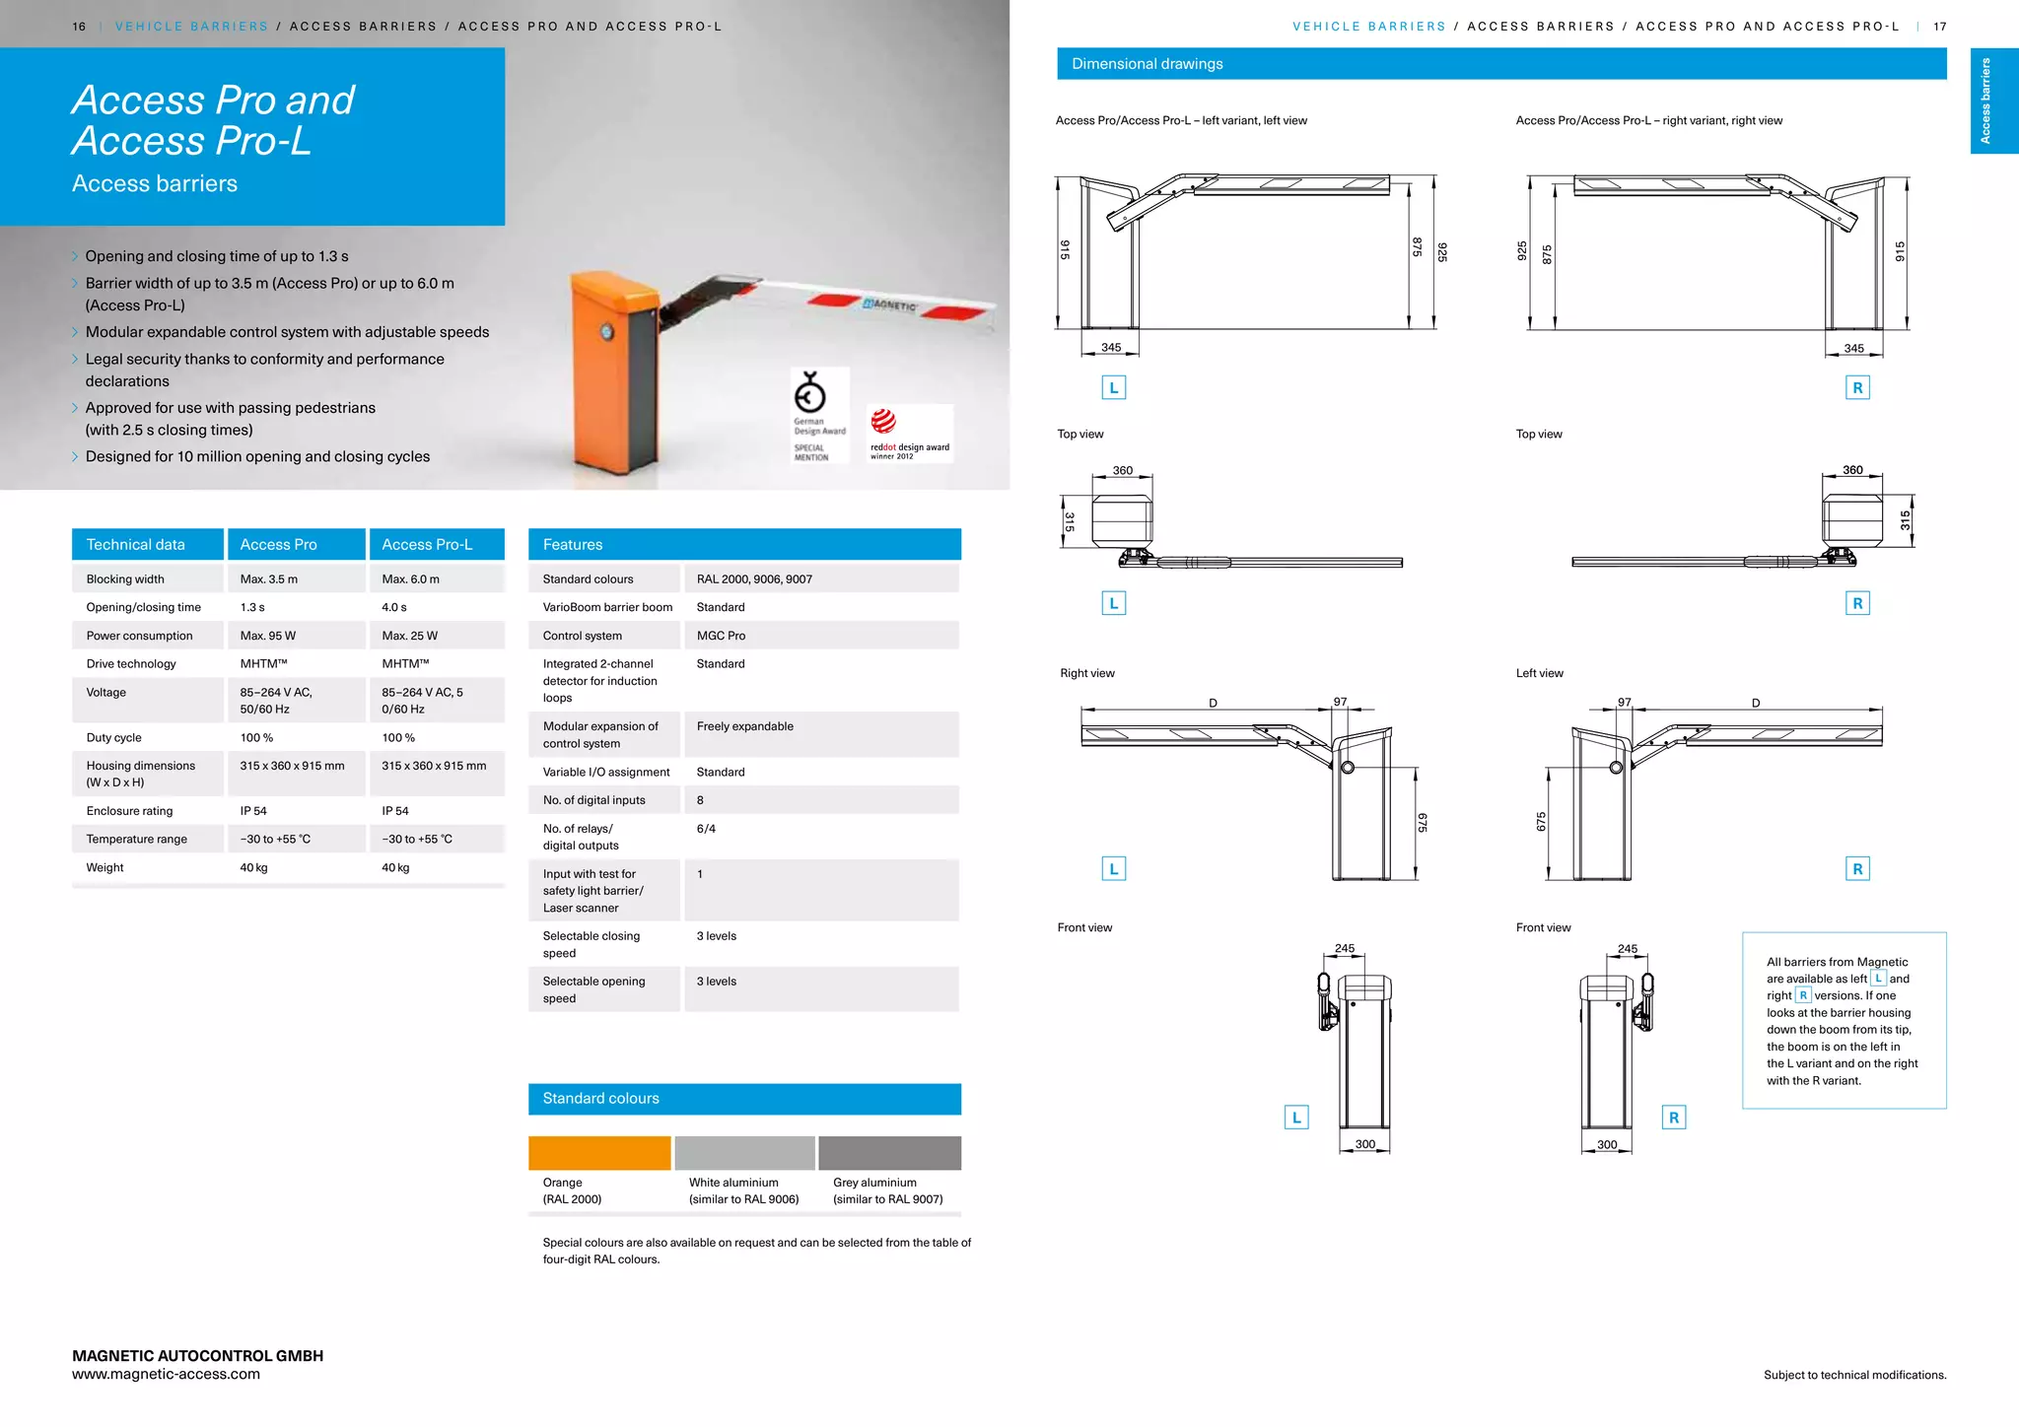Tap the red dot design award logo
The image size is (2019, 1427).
pyautogui.click(x=909, y=433)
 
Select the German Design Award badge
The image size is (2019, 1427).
pyautogui.click(x=819, y=415)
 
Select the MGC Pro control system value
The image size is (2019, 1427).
pyautogui.click(x=721, y=636)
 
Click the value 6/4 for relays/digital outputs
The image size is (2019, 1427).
pyautogui.click(x=706, y=829)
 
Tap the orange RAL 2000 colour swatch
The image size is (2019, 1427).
pyautogui.click(x=599, y=1152)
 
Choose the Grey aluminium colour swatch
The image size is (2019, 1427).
pyautogui.click(x=889, y=1152)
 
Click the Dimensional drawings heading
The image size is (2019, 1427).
pyautogui.click(x=1148, y=64)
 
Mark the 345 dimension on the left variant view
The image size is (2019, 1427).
pyautogui.click(x=1111, y=348)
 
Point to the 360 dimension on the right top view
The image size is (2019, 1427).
pyautogui.click(x=1852, y=470)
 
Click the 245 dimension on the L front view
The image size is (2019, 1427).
pyautogui.click(x=1345, y=948)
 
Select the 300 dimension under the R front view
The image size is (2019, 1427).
pyautogui.click(x=1607, y=1144)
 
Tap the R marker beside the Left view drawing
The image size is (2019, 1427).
pyautogui.click(x=1857, y=868)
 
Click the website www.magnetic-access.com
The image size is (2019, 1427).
pyautogui.click(x=166, y=1374)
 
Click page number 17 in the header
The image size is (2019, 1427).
pyautogui.click(x=1939, y=27)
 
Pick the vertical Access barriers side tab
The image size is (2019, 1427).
pyautogui.click(x=1985, y=101)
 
